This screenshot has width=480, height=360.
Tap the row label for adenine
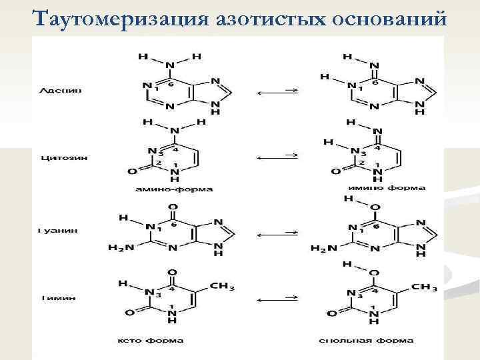(x=61, y=89)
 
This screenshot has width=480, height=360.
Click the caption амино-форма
(x=174, y=189)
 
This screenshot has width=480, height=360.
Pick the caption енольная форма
(x=375, y=341)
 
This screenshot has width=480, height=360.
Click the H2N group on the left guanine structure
(x=121, y=248)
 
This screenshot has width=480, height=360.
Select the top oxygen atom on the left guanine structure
(x=173, y=207)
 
